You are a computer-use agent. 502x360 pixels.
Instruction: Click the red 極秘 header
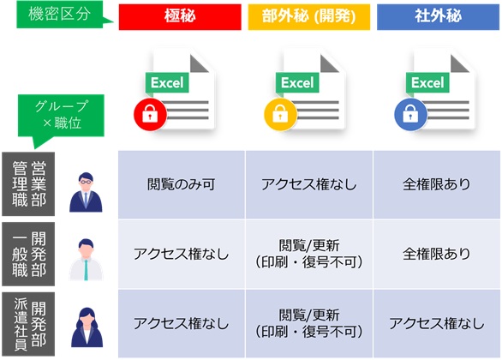pos(180,17)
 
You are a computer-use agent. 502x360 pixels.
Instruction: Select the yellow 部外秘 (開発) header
pos(309,17)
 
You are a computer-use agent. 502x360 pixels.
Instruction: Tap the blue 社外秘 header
pos(438,17)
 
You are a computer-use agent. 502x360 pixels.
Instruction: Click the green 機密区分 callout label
pos(60,15)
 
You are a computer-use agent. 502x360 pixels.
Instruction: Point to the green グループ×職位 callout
pos(61,116)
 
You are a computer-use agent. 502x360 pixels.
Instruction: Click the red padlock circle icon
pos(150,114)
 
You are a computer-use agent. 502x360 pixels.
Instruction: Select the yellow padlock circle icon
pos(280,114)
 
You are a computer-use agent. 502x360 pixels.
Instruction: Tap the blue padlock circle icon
pos(410,114)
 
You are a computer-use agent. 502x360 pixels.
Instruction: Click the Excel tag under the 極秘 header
pos(167,82)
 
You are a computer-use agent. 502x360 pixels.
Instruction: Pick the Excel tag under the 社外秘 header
pos(427,82)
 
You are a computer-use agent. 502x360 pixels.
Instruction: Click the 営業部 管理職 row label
pos(28,183)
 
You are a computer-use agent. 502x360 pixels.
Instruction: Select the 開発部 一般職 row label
pos(28,254)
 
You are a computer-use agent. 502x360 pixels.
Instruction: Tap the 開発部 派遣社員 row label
pos(28,324)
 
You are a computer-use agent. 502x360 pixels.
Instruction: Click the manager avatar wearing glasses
pos(86,192)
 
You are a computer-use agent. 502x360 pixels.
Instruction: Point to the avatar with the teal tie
pos(86,260)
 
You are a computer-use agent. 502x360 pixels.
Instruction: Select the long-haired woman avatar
pos(87,327)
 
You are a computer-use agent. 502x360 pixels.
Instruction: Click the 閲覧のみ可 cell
pos(182,184)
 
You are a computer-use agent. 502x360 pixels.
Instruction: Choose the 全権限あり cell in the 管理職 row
pos(436,184)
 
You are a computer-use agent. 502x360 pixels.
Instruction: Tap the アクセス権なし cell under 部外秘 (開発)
pos(309,184)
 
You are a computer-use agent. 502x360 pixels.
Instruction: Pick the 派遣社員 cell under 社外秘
pos(436,323)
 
